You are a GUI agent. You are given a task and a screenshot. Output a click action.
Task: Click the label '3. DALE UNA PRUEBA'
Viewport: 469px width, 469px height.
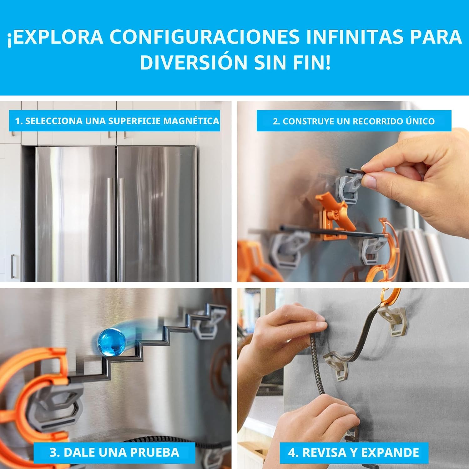point(114,452)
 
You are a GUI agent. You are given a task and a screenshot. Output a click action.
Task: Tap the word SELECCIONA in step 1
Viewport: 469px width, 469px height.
point(54,121)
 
